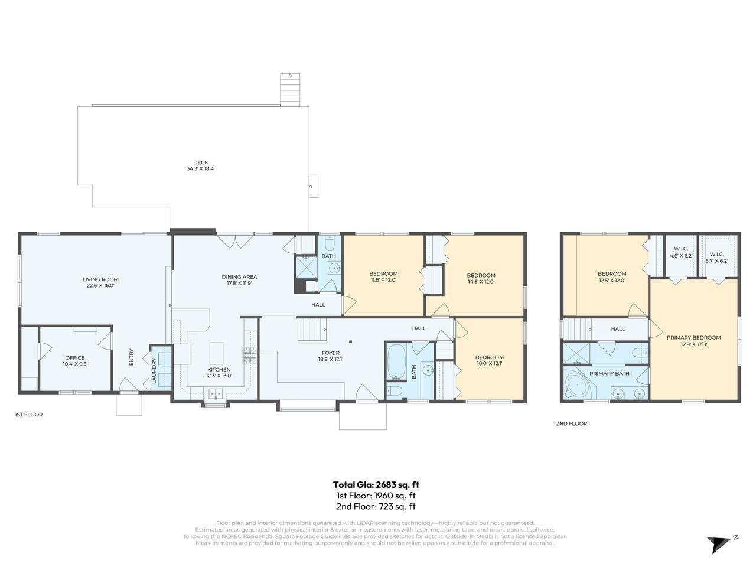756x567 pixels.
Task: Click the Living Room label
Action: point(100,279)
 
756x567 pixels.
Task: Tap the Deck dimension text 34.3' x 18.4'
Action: point(201,169)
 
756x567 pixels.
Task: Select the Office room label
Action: point(75,358)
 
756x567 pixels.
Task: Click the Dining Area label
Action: point(239,276)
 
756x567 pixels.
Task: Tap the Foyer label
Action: point(331,353)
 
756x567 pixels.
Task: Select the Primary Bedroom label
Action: point(693,338)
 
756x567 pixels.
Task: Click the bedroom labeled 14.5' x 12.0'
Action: point(481,275)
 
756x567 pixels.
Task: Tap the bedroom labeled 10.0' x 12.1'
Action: point(489,357)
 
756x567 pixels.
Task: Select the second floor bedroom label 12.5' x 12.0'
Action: point(611,273)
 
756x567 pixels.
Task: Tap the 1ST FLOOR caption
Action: point(28,415)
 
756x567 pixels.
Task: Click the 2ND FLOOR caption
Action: point(571,423)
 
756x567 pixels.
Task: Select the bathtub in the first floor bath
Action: point(395,361)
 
